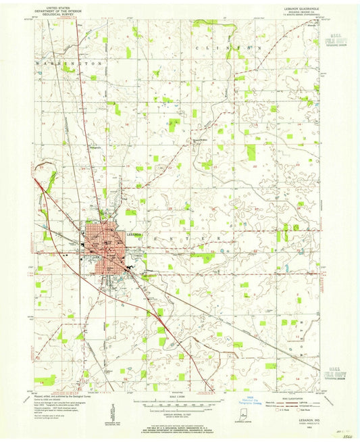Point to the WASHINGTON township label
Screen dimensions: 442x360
pyautogui.click(x=67, y=62)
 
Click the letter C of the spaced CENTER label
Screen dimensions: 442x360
pyautogui.click(x=141, y=238)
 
